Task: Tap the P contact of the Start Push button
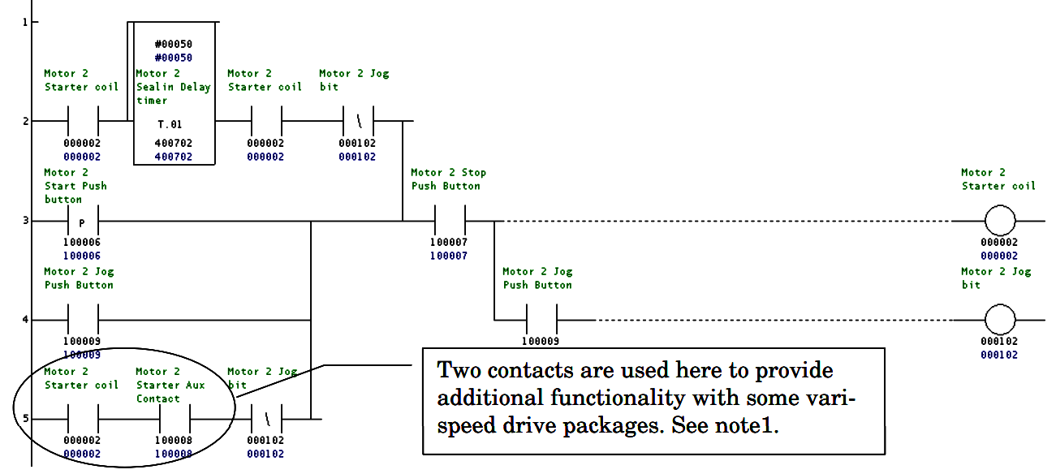coord(82,221)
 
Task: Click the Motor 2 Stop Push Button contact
coord(449,221)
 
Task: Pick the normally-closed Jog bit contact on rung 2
coord(357,122)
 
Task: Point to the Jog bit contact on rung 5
coord(265,419)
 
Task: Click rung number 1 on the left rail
coord(24,22)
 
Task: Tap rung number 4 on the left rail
coord(24,320)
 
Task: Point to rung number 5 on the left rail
coord(24,419)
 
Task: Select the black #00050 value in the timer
coord(173,44)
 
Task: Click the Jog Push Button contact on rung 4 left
coord(82,320)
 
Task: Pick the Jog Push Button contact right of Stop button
coord(541,320)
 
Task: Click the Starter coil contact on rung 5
coord(82,419)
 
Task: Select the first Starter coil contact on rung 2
coord(82,122)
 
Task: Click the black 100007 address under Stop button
coord(449,243)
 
